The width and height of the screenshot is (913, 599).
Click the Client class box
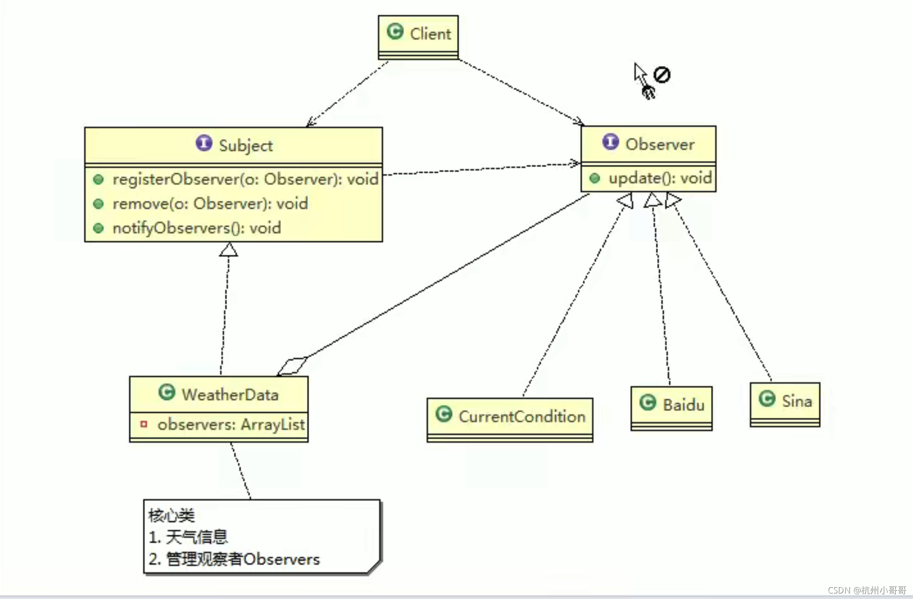click(418, 37)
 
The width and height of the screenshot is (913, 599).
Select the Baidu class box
click(671, 408)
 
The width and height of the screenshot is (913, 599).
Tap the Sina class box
click(785, 404)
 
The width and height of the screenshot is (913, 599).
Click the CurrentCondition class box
click(510, 419)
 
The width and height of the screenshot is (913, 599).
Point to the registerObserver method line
click(245, 179)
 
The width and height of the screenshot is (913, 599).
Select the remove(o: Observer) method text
click(210, 204)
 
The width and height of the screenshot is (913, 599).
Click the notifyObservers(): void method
click(197, 228)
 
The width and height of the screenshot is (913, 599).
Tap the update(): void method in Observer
click(659, 178)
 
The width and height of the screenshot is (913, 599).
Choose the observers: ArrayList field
click(231, 425)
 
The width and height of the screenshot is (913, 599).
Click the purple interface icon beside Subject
click(204, 143)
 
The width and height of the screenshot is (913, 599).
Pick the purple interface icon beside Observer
click(610, 142)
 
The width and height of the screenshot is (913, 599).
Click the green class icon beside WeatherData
click(167, 392)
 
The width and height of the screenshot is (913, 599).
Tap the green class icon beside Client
click(395, 32)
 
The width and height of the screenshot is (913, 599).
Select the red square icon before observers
click(144, 424)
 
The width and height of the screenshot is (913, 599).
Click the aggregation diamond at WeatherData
click(292, 366)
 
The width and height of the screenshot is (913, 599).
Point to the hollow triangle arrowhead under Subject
click(228, 250)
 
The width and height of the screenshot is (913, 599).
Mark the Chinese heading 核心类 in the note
click(171, 515)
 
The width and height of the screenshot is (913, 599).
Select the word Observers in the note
click(281, 559)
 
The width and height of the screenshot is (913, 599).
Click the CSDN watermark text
click(866, 590)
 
